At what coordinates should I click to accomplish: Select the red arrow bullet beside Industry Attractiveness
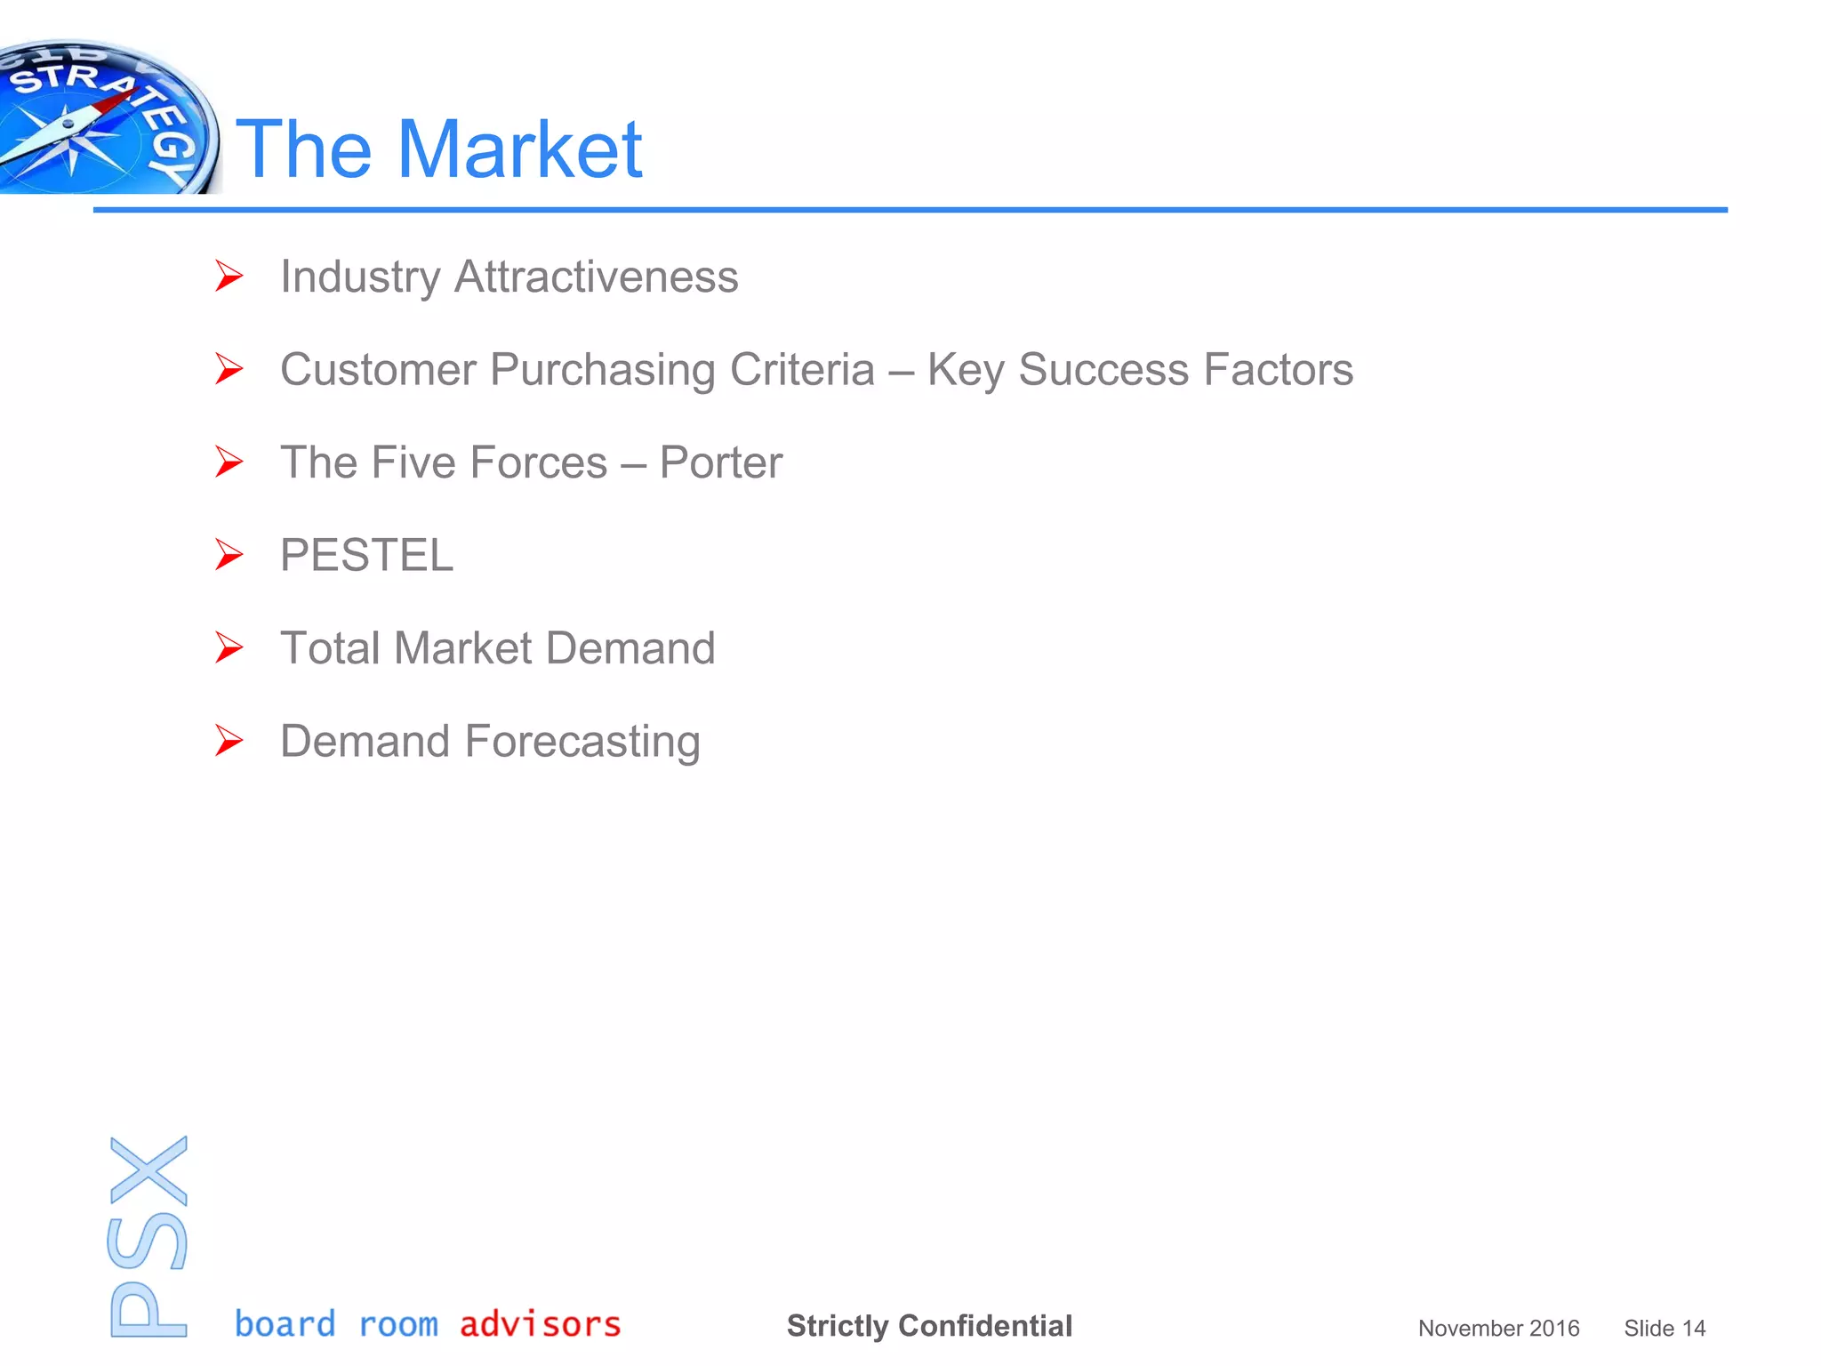(229, 276)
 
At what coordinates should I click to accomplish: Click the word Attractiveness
(596, 277)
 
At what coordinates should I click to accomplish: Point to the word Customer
(378, 370)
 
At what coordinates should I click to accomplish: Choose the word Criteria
(802, 370)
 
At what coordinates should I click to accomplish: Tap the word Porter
(720, 462)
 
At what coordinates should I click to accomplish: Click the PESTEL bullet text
(366, 556)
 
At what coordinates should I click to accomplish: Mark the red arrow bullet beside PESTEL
(229, 555)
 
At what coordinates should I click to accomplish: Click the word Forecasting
(582, 742)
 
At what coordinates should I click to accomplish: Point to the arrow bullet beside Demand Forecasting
(229, 741)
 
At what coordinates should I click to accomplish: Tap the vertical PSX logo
(148, 1236)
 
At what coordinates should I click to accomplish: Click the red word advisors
(540, 1324)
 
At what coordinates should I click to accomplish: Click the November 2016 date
(1498, 1328)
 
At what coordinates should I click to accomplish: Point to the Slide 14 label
(1665, 1328)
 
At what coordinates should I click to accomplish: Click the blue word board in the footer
(285, 1324)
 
